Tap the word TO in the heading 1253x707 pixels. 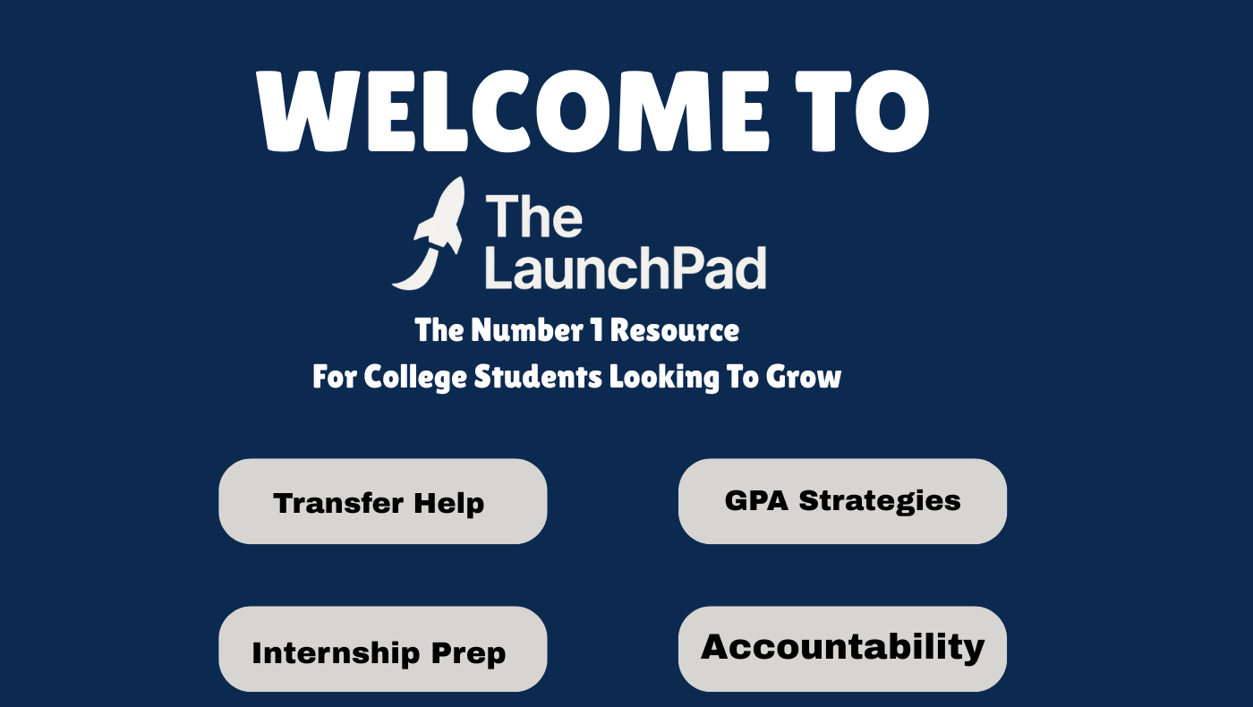click(x=862, y=111)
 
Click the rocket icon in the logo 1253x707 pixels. click(x=429, y=234)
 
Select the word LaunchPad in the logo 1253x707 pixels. click(x=626, y=268)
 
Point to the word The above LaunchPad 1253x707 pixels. click(x=533, y=216)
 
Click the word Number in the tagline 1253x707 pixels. click(x=527, y=330)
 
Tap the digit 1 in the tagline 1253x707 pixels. click(x=597, y=330)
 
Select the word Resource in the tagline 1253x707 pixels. click(x=675, y=330)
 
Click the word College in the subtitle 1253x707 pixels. click(x=415, y=377)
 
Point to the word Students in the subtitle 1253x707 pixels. click(x=538, y=377)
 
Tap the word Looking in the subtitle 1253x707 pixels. click(x=664, y=377)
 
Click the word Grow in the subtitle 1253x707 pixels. click(x=804, y=377)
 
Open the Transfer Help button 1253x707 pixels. click(x=383, y=501)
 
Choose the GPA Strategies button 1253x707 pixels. click(x=842, y=501)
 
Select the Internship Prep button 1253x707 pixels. click(x=383, y=649)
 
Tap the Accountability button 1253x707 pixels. click(x=842, y=649)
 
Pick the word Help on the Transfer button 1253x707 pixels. click(x=448, y=504)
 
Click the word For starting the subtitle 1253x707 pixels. click(x=335, y=377)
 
